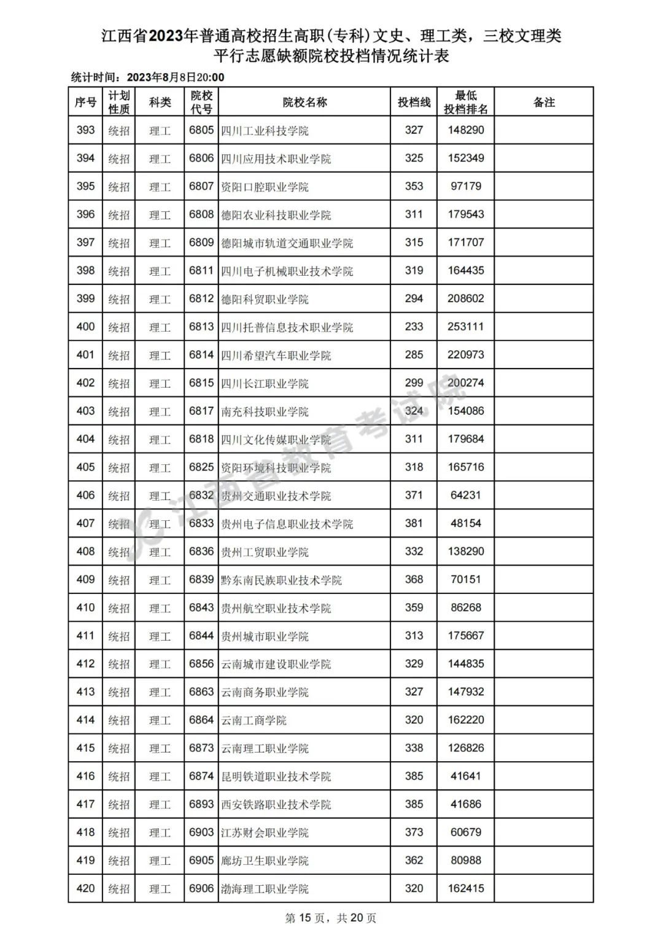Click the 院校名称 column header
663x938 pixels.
coord(304,102)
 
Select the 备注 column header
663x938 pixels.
coord(544,102)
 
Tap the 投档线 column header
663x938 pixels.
coord(414,102)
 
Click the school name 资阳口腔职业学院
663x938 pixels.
coord(265,187)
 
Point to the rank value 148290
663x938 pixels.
coord(466,130)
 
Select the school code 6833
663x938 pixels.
coord(201,523)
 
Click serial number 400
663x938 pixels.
coord(85,327)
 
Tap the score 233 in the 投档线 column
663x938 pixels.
coord(414,327)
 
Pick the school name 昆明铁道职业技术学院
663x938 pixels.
coord(276,776)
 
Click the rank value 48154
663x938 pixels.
coord(466,523)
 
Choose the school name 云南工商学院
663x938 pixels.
coord(254,721)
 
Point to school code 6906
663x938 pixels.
coord(201,889)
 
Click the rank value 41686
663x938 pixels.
coord(466,804)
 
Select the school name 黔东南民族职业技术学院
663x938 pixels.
coord(281,580)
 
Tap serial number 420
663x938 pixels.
coord(85,889)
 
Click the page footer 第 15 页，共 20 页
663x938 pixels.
coord(331,918)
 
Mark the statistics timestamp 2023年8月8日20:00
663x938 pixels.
coord(176,77)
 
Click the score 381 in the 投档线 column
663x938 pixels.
coord(414,523)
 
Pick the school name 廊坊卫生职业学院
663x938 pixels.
coord(265,861)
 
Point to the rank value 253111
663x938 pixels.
coord(466,327)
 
